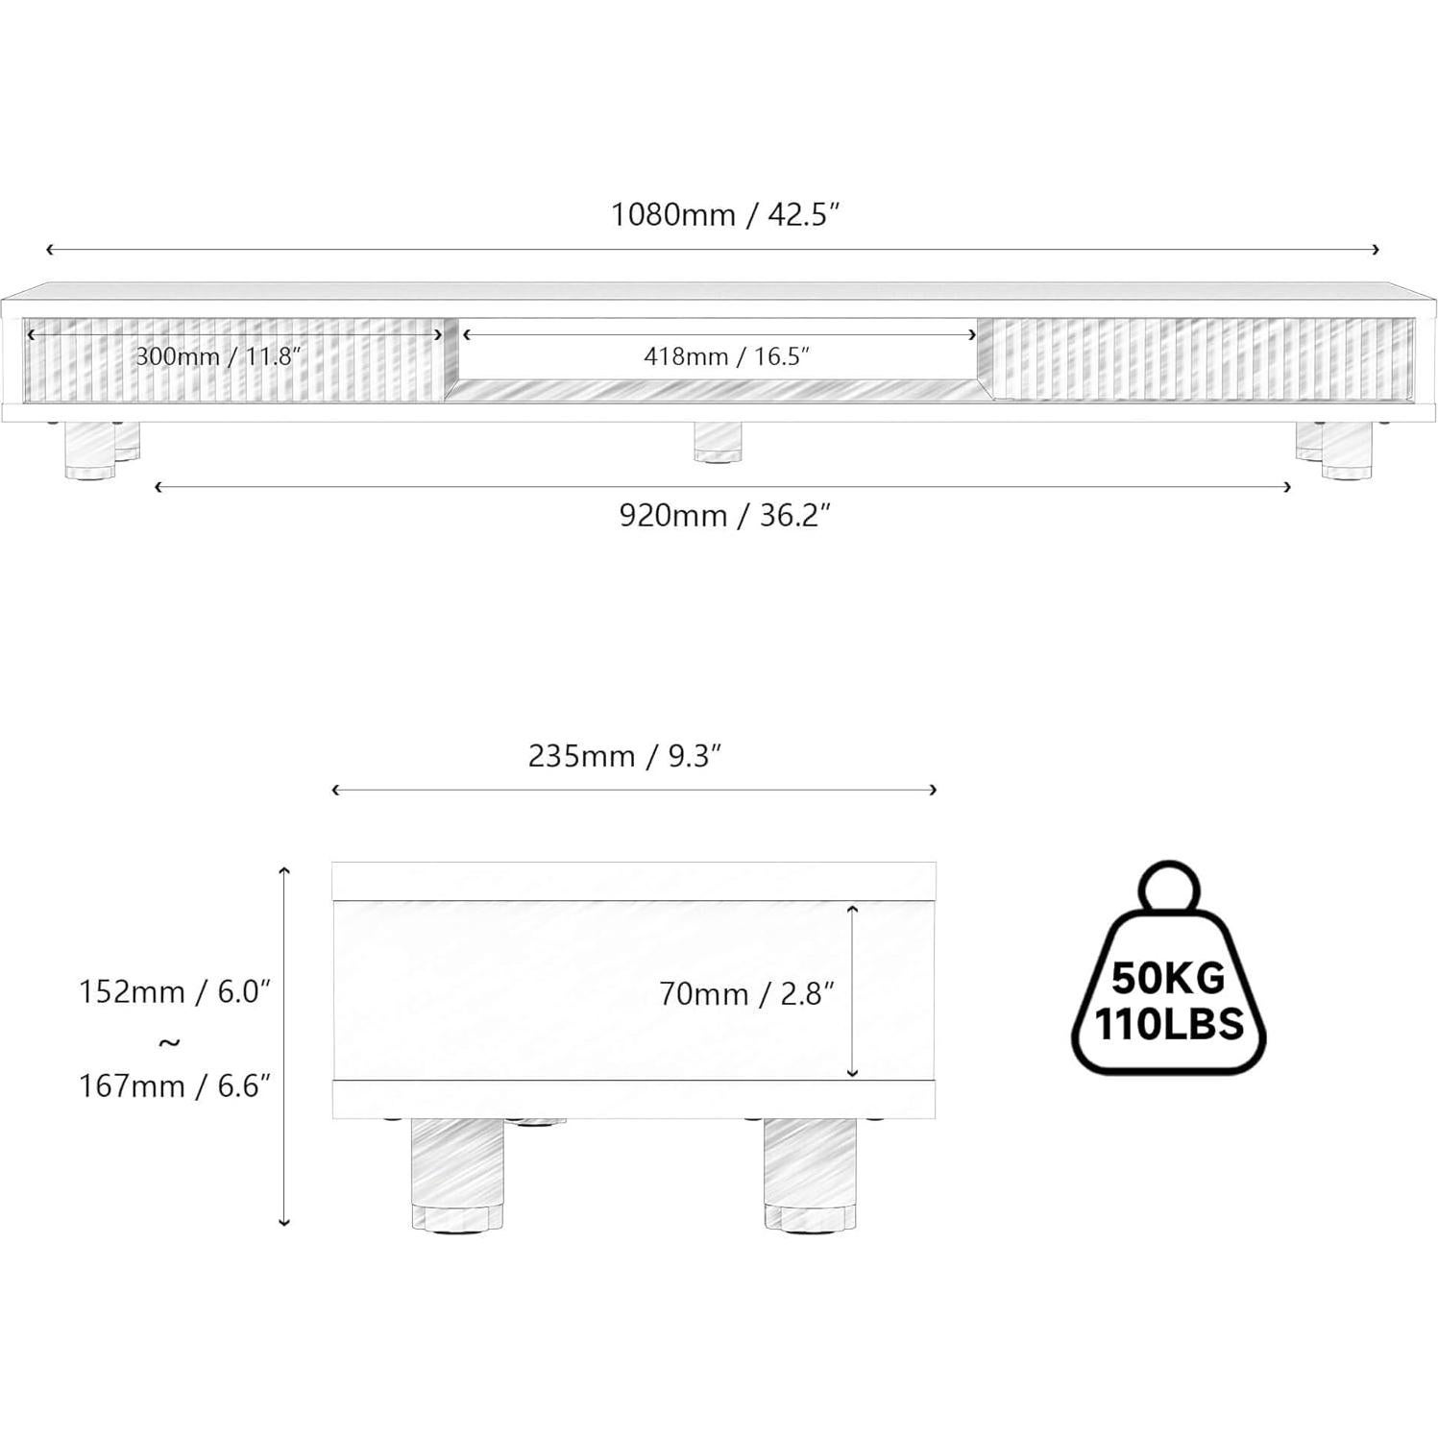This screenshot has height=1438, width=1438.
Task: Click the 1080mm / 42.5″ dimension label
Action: pos(725,214)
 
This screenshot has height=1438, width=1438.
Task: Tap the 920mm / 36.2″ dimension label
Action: pos(724,516)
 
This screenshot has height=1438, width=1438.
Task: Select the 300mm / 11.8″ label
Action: pos(218,357)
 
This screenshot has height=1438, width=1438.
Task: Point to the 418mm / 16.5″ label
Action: pos(726,357)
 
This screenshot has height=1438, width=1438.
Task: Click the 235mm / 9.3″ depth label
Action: pos(624,757)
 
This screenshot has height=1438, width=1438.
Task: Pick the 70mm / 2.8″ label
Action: pos(746,994)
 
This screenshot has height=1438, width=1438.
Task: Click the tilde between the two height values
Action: pos(169,1042)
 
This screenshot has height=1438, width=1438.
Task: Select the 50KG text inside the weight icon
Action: pos(1168,979)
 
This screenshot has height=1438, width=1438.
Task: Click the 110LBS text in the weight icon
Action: pos(1169,1025)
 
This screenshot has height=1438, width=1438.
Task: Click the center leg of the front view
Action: pos(718,442)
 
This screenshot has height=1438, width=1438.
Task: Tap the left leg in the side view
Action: pos(456,1172)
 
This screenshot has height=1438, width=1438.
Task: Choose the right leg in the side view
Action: pos(809,1172)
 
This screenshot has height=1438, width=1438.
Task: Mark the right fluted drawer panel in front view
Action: pos(1201,360)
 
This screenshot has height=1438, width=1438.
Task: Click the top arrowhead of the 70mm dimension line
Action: pos(853,907)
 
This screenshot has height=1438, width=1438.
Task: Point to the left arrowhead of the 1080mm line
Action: pos(49,250)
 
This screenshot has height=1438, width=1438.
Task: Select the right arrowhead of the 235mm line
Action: pos(934,790)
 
